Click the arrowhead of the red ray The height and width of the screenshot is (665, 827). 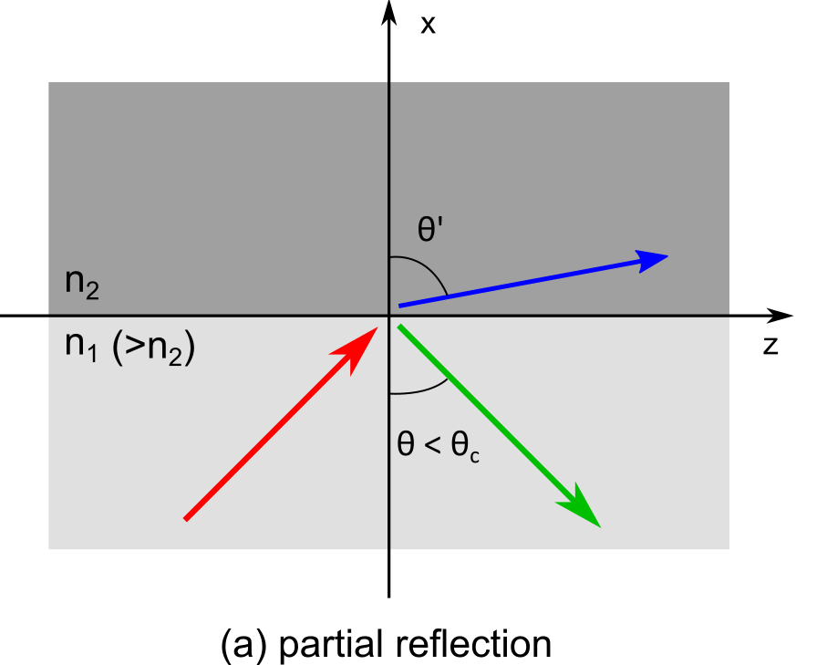[x=365, y=342]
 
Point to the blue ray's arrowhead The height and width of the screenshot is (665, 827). [x=652, y=258]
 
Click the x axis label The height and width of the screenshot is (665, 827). [x=428, y=24]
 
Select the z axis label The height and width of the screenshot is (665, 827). [x=770, y=347]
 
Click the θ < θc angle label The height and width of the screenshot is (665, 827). [x=439, y=449]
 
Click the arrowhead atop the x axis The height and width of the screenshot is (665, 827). [x=390, y=15]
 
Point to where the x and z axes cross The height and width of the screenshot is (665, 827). [x=390, y=317]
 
